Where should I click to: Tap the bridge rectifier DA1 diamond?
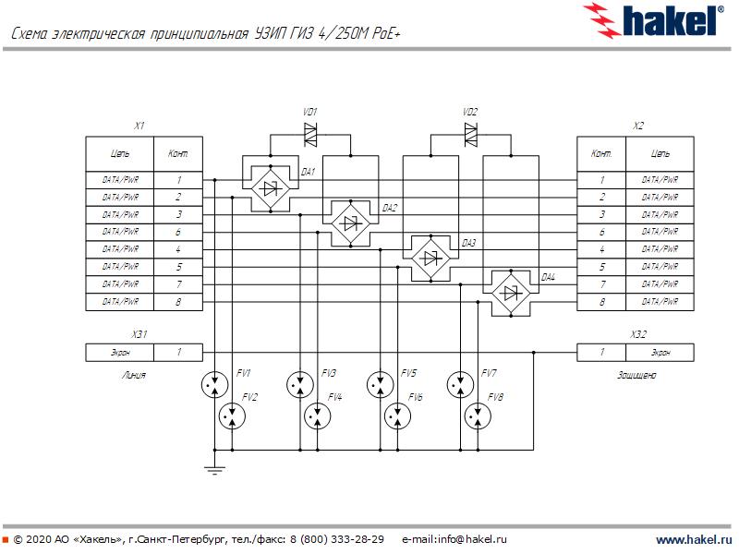[x=270, y=188]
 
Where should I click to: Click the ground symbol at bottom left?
[x=214, y=471]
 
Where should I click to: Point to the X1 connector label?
[x=139, y=126]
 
